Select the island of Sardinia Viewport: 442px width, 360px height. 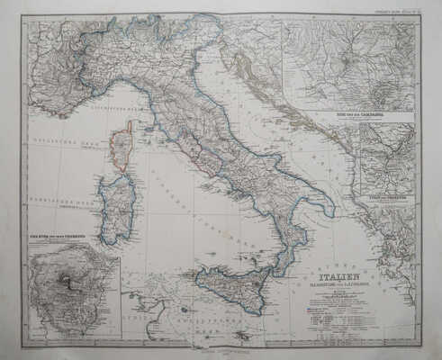(x=117, y=209)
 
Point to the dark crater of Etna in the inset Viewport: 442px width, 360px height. (x=67, y=279)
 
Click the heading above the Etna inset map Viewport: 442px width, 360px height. (x=63, y=237)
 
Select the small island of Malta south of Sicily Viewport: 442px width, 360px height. (x=240, y=335)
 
